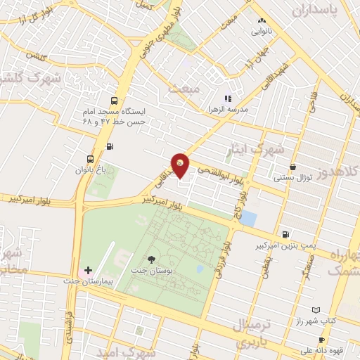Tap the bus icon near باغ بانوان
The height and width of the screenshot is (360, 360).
(x=89, y=159)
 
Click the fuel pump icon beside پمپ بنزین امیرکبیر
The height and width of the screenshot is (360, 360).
(x=284, y=235)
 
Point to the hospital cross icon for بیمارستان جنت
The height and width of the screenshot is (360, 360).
(x=88, y=270)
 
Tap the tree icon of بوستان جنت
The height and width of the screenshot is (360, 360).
(x=152, y=259)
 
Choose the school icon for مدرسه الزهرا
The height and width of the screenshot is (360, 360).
(x=227, y=98)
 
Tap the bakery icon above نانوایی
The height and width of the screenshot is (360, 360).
(x=262, y=21)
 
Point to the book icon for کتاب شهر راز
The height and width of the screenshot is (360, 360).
(x=316, y=310)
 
